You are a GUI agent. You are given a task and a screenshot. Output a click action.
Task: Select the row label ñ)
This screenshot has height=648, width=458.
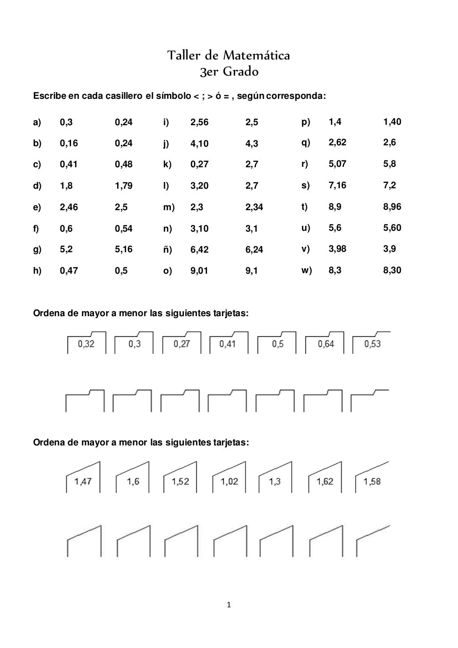click(168, 250)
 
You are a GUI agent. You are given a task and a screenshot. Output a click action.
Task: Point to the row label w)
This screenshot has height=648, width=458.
click(307, 270)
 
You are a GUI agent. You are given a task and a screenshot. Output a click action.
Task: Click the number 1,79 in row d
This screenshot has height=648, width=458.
click(123, 186)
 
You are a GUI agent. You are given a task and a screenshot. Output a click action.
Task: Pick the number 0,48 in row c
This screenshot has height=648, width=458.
click(123, 164)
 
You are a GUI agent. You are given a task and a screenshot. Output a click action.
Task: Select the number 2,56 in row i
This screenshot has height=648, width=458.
click(199, 122)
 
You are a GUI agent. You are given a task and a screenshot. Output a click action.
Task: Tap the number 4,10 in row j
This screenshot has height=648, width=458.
click(199, 144)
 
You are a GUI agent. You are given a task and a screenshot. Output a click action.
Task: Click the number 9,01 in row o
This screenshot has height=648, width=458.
click(199, 271)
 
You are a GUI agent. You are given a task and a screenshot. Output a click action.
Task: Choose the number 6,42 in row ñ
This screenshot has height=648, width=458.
click(199, 250)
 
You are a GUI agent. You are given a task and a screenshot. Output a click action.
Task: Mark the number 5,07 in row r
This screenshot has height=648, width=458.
click(337, 164)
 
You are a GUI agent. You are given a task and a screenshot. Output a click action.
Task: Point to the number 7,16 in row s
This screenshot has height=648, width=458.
click(337, 185)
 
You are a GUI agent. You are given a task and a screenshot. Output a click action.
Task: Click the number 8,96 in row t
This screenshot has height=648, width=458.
click(392, 207)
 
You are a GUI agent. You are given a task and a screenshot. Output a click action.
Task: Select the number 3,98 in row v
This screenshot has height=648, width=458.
click(337, 249)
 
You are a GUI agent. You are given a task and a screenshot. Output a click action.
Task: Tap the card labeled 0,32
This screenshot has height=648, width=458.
click(86, 344)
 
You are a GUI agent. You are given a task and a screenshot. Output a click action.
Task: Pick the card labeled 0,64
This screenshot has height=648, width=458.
click(326, 344)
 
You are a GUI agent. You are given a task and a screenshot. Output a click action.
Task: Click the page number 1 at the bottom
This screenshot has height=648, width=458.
click(229, 606)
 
